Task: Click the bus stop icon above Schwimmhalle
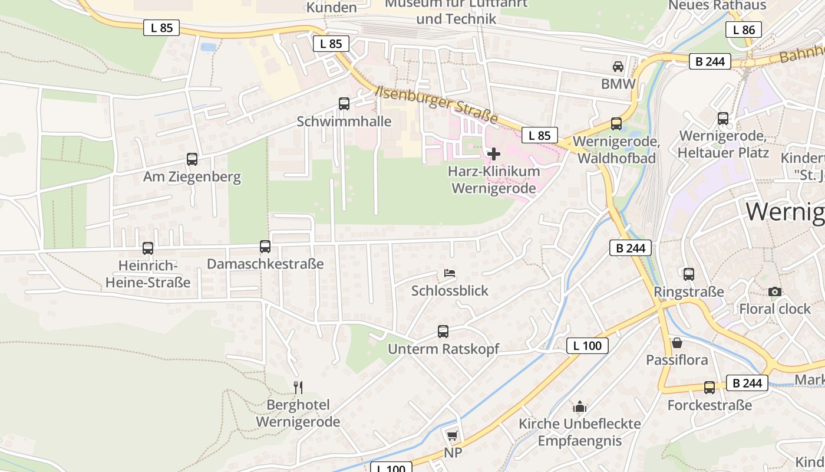point(344,104)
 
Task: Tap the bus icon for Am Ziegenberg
point(192,159)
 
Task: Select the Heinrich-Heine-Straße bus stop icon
point(148,248)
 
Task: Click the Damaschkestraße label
point(265,264)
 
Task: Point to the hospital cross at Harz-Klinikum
point(494,154)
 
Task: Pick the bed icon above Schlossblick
point(450,273)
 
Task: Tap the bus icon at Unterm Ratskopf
point(443,332)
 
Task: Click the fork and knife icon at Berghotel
point(298,387)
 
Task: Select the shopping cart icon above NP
point(452,435)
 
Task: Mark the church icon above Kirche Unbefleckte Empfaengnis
point(580,407)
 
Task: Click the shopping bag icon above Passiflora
point(677,343)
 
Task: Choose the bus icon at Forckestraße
point(709,388)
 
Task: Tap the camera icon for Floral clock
point(775,291)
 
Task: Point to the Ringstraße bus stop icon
point(689,274)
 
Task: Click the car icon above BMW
point(618,67)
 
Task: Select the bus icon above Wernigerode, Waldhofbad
point(616,124)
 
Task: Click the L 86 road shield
point(744,29)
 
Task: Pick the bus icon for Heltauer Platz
point(723,119)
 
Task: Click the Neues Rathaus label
point(717,5)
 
